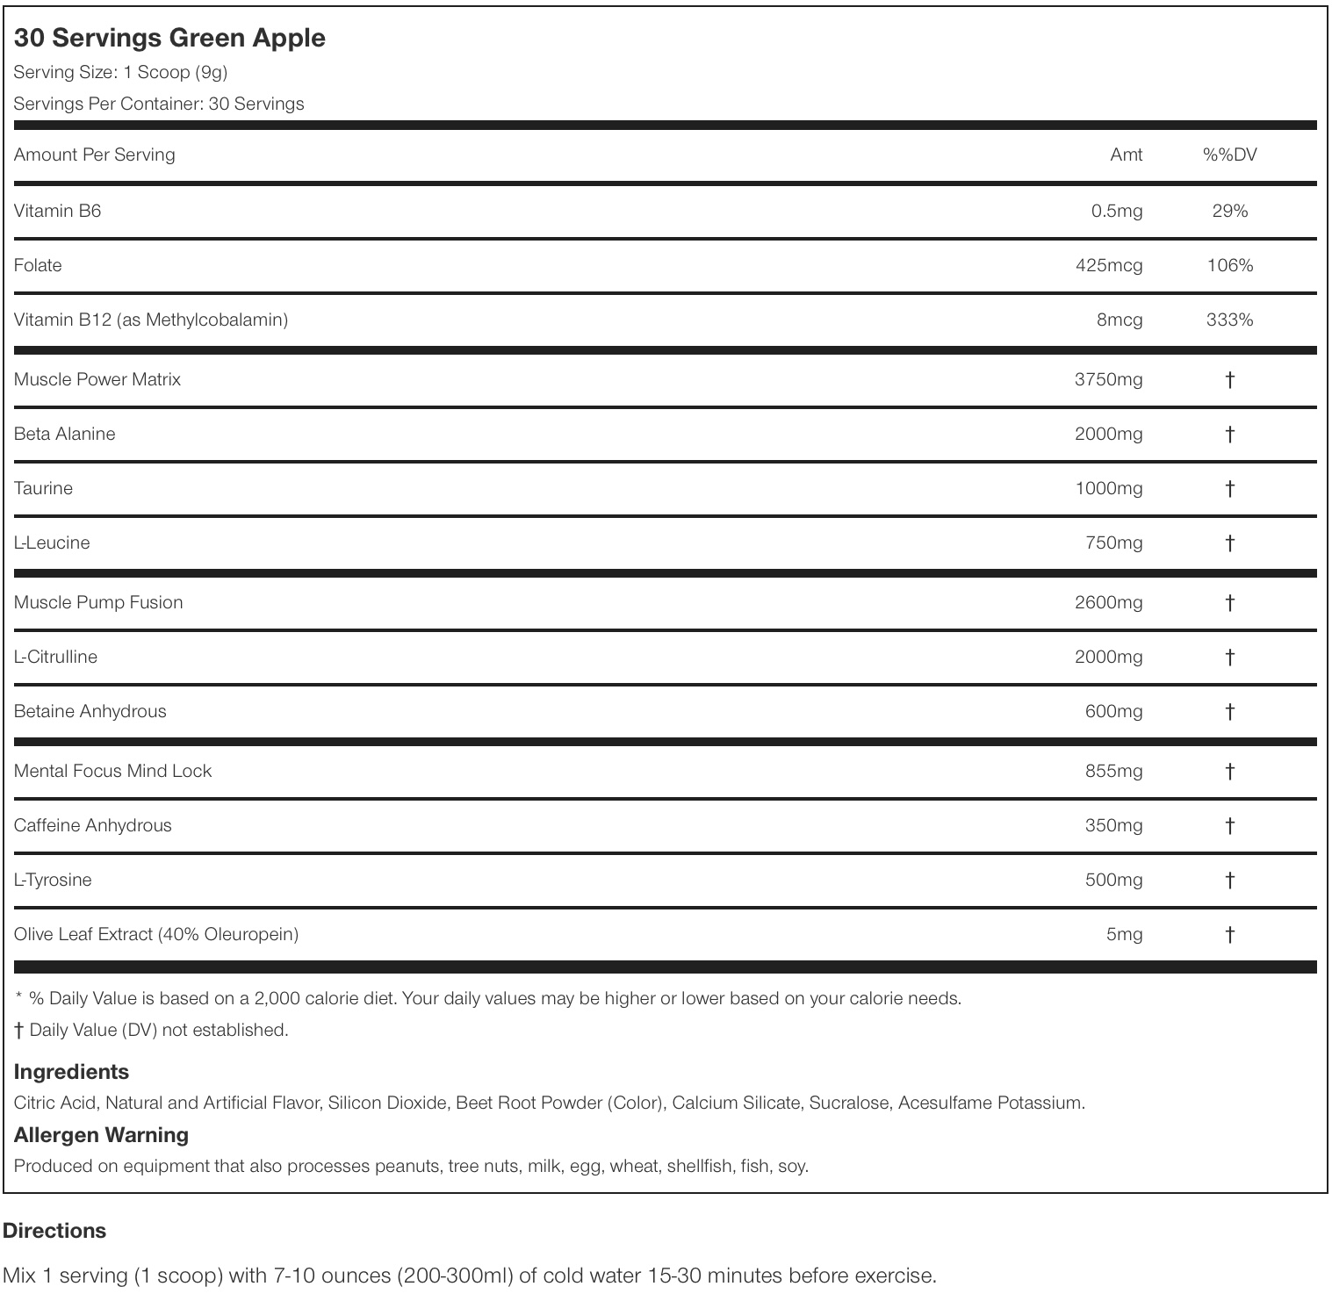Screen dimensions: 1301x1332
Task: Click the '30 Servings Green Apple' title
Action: (169, 38)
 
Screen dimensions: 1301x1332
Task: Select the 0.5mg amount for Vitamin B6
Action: (1116, 211)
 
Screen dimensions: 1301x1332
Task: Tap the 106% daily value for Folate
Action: (1229, 265)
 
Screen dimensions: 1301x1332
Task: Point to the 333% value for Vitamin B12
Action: (1229, 320)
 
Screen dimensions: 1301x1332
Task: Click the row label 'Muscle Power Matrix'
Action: (97, 379)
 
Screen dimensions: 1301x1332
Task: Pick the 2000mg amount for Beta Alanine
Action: (1108, 434)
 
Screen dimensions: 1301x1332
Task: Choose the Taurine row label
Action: (43, 488)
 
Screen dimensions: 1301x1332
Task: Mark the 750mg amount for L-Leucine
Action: (1113, 543)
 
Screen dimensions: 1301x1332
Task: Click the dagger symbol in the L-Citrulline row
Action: (1229, 657)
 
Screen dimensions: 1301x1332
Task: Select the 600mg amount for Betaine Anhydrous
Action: (1113, 711)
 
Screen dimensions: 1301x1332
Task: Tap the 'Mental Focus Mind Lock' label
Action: (112, 771)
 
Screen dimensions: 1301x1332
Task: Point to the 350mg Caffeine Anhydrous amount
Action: (1113, 825)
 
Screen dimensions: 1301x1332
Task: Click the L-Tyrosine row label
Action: (53, 880)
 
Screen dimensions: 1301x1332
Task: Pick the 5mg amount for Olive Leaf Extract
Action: (1124, 934)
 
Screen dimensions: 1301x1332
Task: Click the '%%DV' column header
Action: (1229, 155)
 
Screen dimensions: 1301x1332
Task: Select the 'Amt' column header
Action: (1126, 155)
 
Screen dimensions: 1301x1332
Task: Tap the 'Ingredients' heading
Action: (71, 1072)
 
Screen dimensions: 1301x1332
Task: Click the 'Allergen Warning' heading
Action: (101, 1135)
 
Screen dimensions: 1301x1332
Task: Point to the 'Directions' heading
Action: (54, 1231)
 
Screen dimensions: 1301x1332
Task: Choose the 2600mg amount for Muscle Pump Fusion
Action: (1108, 602)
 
